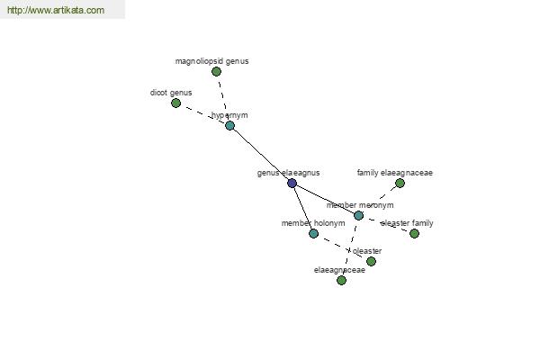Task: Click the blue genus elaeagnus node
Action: pos(292,183)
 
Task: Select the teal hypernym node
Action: pos(229,126)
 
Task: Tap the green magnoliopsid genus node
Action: pos(216,72)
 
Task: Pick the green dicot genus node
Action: pos(176,103)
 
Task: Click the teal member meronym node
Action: pos(358,216)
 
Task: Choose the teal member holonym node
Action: pos(313,234)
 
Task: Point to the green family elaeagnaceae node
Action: pos(400,184)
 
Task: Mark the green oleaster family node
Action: pos(414,234)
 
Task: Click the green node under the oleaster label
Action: pos(371,262)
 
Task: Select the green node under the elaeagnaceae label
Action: pos(341,281)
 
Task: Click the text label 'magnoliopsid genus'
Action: pos(211,61)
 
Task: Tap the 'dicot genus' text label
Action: pos(171,93)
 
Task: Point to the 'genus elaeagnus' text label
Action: pos(288,173)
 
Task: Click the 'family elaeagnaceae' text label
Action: pos(395,173)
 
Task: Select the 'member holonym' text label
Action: pos(313,223)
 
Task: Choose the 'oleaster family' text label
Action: pos(407,223)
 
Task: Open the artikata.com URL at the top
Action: pos(56,10)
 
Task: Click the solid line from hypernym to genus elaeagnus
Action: pos(261,154)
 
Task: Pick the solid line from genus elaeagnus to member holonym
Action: pos(302,208)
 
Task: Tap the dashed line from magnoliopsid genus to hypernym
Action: pos(223,98)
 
